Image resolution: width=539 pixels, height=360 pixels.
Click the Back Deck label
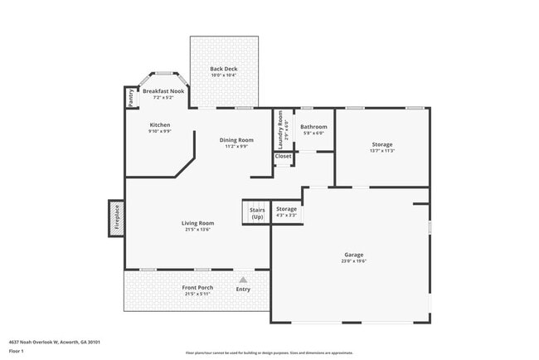coord(223,69)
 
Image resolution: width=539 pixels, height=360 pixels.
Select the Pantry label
coord(132,98)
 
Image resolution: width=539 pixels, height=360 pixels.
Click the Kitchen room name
coord(159,125)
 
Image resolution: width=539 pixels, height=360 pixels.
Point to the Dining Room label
coord(236,140)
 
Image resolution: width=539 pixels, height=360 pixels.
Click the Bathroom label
coord(313,127)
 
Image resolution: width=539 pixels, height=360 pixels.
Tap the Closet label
coord(284,156)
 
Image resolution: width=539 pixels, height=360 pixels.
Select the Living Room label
coord(198,222)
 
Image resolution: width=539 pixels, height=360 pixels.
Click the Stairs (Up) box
coord(257,212)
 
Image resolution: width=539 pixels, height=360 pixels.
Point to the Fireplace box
coord(116,218)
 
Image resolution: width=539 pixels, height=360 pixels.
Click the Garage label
coord(354,255)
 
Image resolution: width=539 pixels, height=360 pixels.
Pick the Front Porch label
coord(197,288)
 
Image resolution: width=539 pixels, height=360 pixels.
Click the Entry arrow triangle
coord(243,280)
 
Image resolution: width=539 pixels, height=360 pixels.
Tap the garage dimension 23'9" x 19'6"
coord(354,261)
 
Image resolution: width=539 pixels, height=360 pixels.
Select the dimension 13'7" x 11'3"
coord(382,151)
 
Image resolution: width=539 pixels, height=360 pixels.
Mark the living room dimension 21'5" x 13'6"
coord(198,229)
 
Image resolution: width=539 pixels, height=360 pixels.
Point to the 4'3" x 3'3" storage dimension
coord(286,216)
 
